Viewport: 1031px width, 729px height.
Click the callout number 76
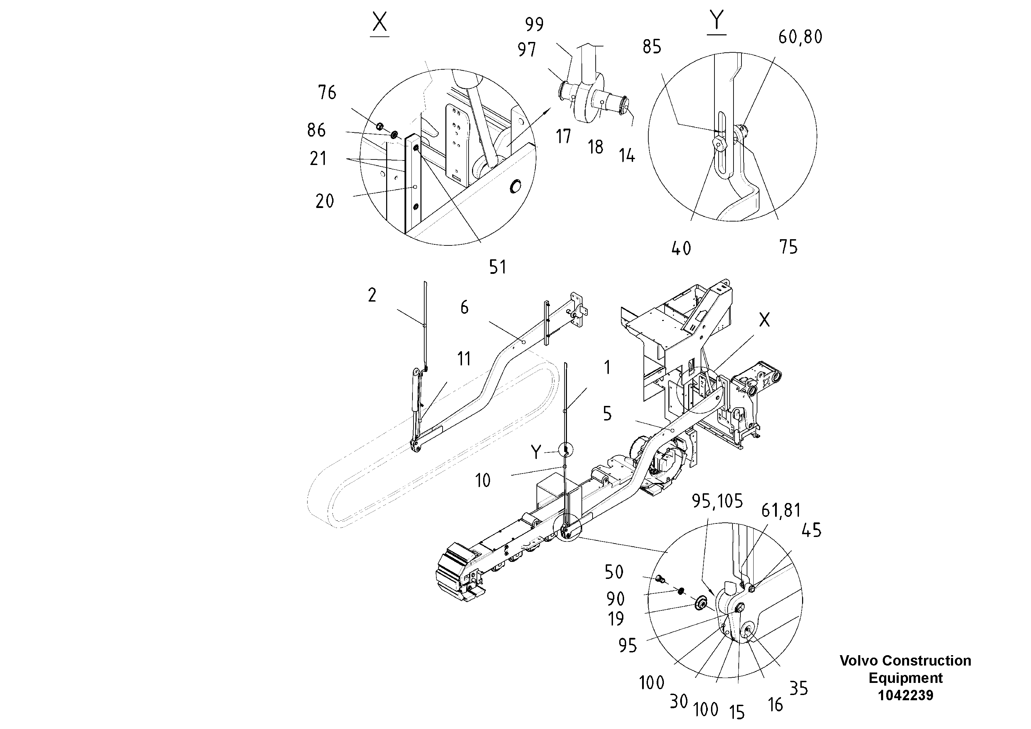(x=327, y=93)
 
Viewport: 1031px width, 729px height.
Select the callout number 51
(x=498, y=267)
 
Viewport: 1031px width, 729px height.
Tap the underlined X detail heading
(x=380, y=23)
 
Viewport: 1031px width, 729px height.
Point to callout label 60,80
(x=800, y=37)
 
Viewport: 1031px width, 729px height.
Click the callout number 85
(x=652, y=47)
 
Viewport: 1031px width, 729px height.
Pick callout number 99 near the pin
(x=534, y=24)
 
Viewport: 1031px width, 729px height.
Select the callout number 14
(x=627, y=156)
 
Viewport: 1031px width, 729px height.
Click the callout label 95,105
(x=717, y=501)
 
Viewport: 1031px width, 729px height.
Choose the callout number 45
(x=811, y=530)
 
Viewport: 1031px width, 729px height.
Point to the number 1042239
(x=905, y=695)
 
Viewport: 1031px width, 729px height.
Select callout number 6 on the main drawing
(x=464, y=307)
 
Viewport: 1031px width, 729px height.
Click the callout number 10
(x=483, y=481)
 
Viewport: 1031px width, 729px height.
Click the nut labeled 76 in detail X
(x=380, y=125)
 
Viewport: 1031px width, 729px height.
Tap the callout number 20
(x=325, y=201)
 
